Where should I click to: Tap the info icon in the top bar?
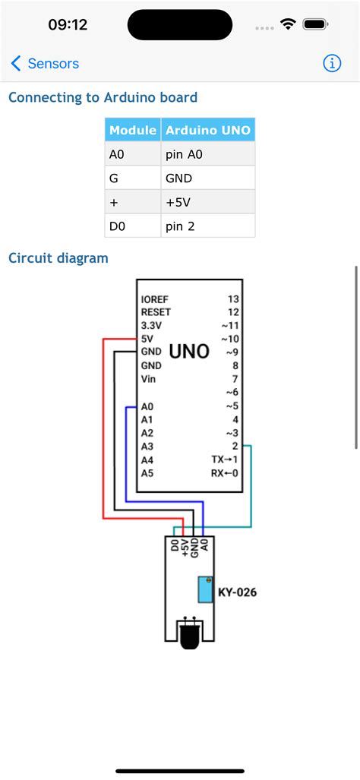point(332,64)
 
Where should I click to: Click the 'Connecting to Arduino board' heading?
point(103,97)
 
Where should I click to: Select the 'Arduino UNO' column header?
point(207,131)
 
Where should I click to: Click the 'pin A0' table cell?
point(185,154)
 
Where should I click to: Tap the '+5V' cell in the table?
point(179,203)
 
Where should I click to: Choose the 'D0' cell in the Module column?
point(118,226)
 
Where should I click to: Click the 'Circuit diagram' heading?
point(58,258)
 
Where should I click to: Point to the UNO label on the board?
point(189,352)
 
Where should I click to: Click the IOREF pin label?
point(156,299)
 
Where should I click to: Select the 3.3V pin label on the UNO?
point(153,325)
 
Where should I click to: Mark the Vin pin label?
point(149,379)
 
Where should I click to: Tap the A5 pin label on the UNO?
point(147,473)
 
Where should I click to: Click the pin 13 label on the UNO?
point(233,299)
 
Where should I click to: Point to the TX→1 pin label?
point(225,460)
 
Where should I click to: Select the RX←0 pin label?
point(225,473)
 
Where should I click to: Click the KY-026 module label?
point(237,592)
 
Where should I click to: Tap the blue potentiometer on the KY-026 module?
point(204,589)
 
